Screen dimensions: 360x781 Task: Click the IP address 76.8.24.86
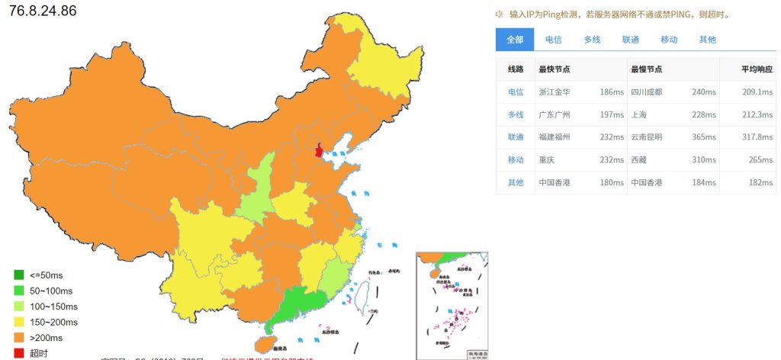click(43, 11)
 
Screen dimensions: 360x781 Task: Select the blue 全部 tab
click(515, 40)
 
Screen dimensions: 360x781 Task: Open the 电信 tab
click(554, 40)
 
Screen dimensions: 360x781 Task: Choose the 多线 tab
click(592, 40)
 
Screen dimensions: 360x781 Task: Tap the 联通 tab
click(631, 40)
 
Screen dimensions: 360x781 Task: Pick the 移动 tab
click(669, 40)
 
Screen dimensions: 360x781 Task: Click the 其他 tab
click(708, 40)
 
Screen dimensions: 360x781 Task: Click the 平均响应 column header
click(757, 69)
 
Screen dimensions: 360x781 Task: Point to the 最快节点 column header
click(554, 69)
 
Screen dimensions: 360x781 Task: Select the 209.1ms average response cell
click(757, 92)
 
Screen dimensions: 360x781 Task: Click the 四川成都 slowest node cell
click(647, 92)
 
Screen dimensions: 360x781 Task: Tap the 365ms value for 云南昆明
click(704, 137)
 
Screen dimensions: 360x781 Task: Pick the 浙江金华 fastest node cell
click(554, 92)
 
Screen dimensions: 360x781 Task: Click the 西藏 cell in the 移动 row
click(639, 160)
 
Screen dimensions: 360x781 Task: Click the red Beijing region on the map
click(318, 149)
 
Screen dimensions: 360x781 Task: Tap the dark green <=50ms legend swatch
click(19, 274)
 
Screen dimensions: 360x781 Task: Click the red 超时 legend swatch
click(19, 353)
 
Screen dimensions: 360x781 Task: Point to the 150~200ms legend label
click(53, 322)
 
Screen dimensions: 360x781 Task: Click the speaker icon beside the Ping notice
click(499, 14)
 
